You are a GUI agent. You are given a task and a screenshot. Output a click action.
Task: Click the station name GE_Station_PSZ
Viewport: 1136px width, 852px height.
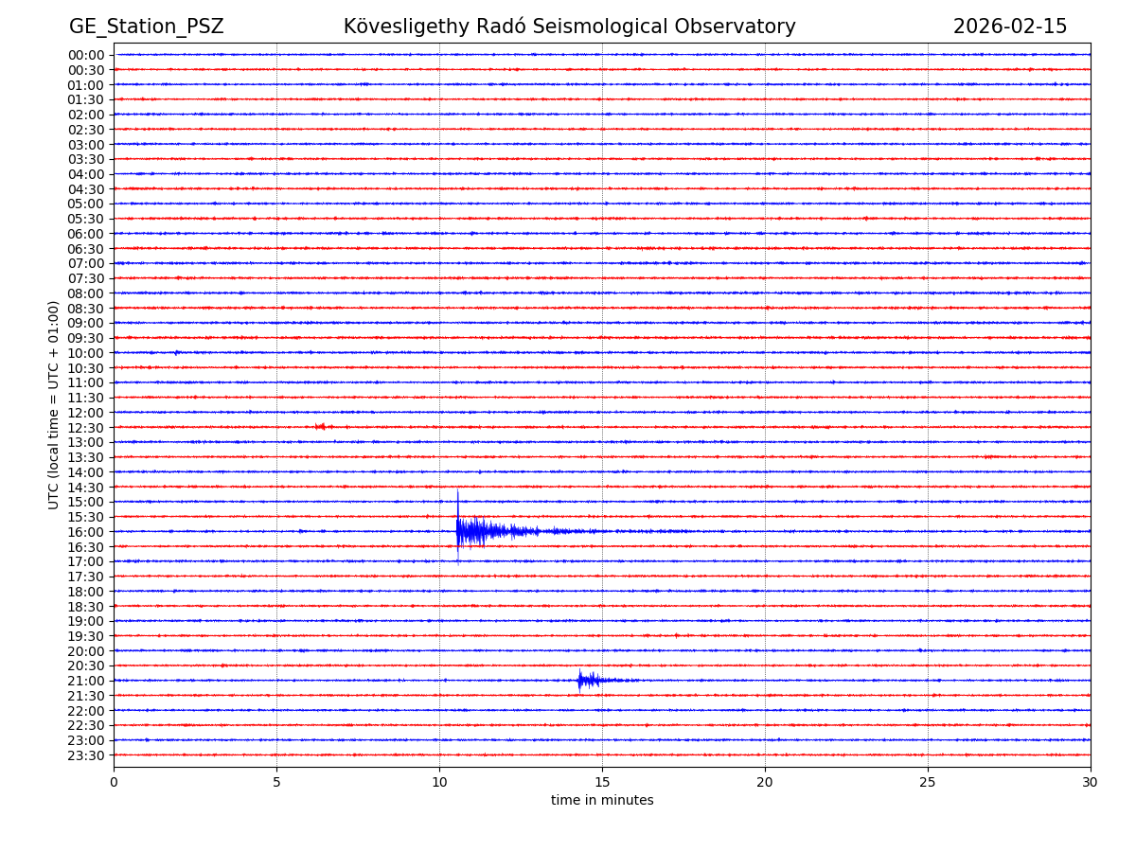click(146, 27)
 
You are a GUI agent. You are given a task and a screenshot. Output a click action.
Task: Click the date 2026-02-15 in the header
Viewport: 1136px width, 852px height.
click(1009, 27)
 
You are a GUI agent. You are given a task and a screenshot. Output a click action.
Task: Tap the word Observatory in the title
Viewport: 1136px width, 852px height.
click(742, 27)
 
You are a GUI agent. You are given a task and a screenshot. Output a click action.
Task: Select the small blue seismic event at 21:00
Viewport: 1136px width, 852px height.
click(581, 680)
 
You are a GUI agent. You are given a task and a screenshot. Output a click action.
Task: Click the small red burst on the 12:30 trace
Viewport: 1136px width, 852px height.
click(320, 427)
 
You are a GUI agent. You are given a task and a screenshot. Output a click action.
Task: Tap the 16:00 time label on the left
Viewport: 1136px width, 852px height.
click(86, 532)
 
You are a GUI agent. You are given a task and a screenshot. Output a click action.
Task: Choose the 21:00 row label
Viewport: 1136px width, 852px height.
click(86, 681)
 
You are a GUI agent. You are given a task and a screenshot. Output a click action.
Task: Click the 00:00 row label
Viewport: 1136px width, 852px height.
click(86, 55)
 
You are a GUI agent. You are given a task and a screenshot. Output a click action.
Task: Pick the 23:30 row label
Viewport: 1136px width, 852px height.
click(86, 755)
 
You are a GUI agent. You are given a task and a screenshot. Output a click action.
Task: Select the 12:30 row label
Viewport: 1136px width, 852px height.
click(86, 428)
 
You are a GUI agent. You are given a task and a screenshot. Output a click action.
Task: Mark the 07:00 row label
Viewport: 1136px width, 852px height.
click(86, 263)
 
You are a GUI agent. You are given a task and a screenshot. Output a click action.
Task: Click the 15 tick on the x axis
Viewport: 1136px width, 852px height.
click(602, 782)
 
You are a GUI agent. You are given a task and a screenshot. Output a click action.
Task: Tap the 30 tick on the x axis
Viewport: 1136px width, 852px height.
click(1091, 782)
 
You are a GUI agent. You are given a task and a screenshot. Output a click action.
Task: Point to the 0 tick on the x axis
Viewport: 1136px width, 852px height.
click(114, 782)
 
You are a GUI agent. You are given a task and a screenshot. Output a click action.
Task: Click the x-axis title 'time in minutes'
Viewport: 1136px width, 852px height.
click(602, 801)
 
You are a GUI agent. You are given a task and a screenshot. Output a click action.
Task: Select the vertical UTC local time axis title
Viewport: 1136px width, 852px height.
click(54, 405)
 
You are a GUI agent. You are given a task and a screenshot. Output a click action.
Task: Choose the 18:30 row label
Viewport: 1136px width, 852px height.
click(86, 607)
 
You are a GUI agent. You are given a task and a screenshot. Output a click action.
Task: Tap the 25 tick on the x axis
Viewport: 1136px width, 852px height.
click(928, 782)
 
